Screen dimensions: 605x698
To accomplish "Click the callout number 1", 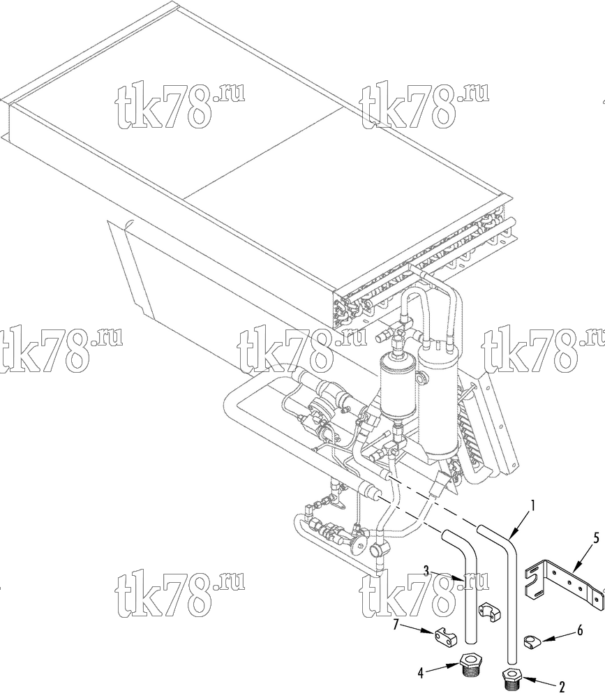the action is [532, 505].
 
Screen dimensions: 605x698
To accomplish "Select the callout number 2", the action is [562, 686].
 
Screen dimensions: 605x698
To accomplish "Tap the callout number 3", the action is [426, 570].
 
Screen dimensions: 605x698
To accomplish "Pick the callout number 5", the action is [597, 538].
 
